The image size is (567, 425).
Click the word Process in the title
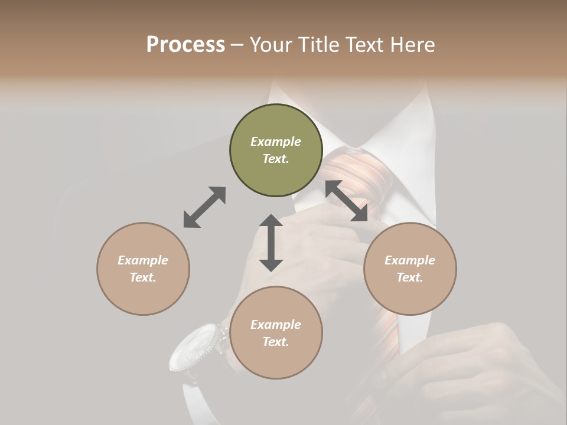[185, 45]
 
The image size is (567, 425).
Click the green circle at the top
[276, 150]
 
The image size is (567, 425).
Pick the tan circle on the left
[143, 269]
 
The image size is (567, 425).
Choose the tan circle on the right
[410, 269]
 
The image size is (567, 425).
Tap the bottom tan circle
[276, 333]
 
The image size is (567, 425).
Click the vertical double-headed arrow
[271, 243]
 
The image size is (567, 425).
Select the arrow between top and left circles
[204, 207]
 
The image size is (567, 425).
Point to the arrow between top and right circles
[347, 201]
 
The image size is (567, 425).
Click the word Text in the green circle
[275, 159]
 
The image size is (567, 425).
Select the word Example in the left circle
[143, 260]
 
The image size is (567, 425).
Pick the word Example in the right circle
[410, 260]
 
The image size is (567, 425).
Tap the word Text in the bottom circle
[275, 342]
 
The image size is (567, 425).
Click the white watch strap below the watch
[195, 401]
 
